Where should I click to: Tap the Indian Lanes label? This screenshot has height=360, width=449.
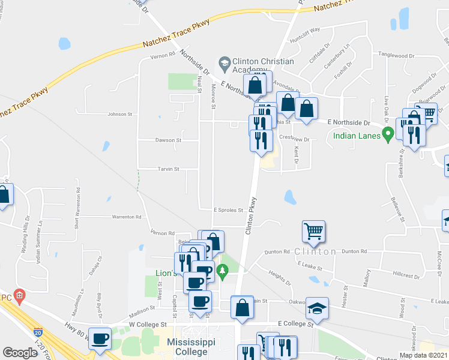click(x=357, y=136)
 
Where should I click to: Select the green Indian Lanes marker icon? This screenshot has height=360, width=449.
click(x=388, y=133)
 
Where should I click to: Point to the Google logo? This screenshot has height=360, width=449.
click(x=20, y=353)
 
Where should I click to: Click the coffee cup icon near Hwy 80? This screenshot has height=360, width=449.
click(x=100, y=338)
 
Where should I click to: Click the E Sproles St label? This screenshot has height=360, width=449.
click(x=229, y=210)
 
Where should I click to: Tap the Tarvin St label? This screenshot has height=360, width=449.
click(x=168, y=169)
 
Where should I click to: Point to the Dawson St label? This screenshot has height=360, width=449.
click(x=169, y=140)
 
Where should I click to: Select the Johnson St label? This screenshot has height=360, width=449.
click(x=119, y=114)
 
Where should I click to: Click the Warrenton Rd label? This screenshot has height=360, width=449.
click(x=127, y=217)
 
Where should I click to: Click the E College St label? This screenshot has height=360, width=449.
click(x=295, y=323)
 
